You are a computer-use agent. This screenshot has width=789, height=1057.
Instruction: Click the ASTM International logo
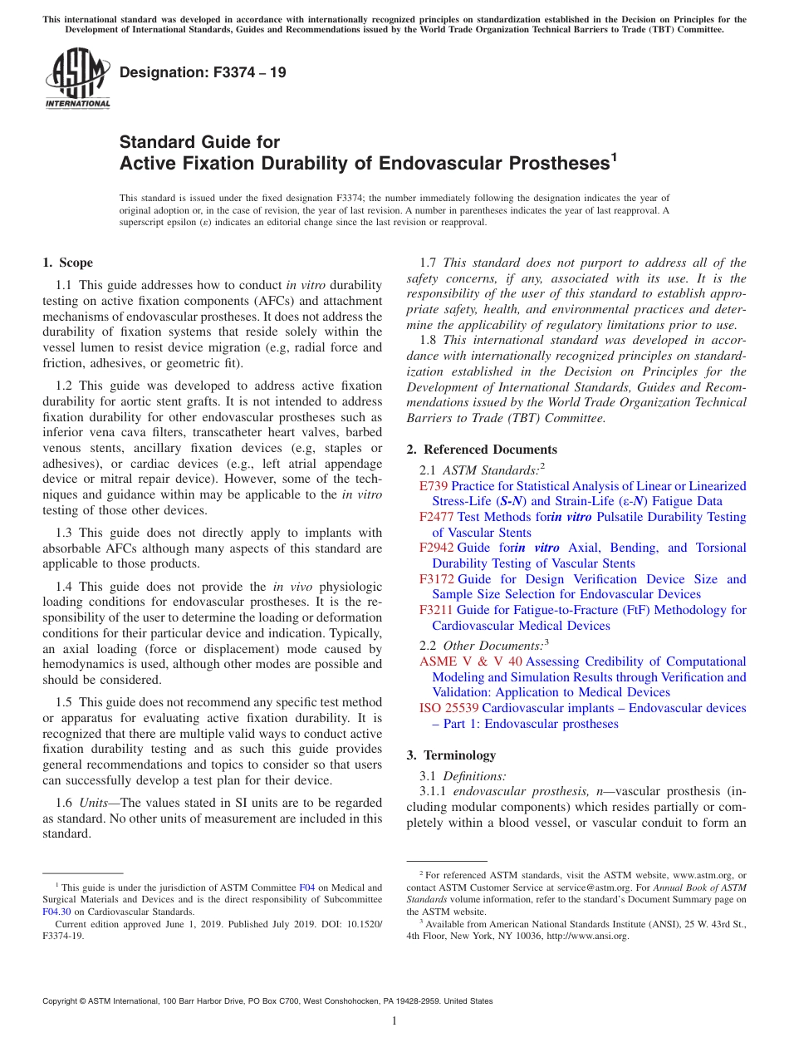[x=77, y=80]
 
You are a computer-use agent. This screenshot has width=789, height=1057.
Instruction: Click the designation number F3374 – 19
[x=203, y=72]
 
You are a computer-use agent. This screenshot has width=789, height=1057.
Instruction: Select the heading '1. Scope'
[x=68, y=263]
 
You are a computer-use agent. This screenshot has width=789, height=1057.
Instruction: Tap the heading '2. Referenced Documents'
[x=482, y=449]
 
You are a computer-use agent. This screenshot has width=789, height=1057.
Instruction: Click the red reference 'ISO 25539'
[x=448, y=708]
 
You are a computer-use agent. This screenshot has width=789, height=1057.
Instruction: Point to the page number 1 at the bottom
[x=394, y=1020]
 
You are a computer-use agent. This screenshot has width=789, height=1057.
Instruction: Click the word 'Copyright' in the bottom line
[x=65, y=1001]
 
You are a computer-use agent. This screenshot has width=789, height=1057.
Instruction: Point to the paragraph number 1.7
[x=429, y=263]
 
